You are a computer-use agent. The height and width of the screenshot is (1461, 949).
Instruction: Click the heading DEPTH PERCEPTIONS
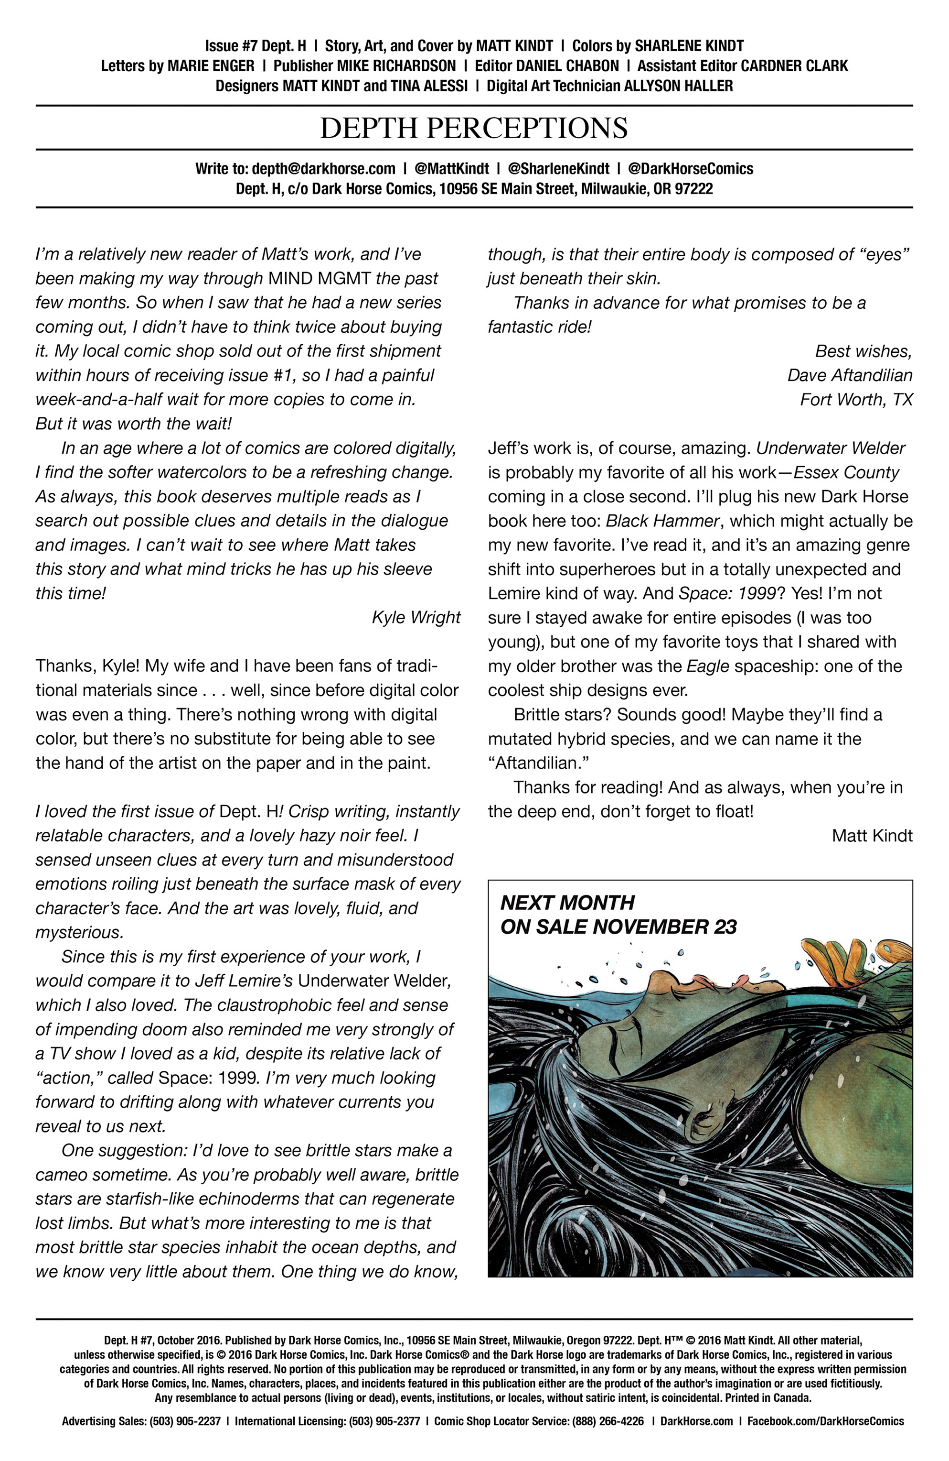click(x=474, y=128)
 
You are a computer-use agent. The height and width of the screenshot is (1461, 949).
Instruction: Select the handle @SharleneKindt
click(x=558, y=169)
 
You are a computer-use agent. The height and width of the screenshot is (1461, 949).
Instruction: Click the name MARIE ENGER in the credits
click(x=211, y=65)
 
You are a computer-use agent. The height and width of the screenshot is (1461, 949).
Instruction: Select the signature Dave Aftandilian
click(x=850, y=375)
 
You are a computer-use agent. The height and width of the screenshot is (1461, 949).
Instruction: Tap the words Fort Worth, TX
click(x=856, y=400)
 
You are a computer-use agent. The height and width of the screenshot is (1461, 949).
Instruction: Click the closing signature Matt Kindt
click(x=872, y=836)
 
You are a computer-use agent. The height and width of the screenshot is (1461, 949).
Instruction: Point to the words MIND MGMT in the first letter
click(x=320, y=278)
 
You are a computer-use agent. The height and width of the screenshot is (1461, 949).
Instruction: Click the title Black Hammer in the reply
click(x=662, y=521)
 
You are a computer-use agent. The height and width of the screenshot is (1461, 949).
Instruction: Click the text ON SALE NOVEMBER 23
click(x=618, y=927)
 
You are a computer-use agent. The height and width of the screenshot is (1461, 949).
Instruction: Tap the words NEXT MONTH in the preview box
click(x=567, y=903)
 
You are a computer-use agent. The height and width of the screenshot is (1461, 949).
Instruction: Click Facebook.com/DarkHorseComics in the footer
click(x=825, y=1421)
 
